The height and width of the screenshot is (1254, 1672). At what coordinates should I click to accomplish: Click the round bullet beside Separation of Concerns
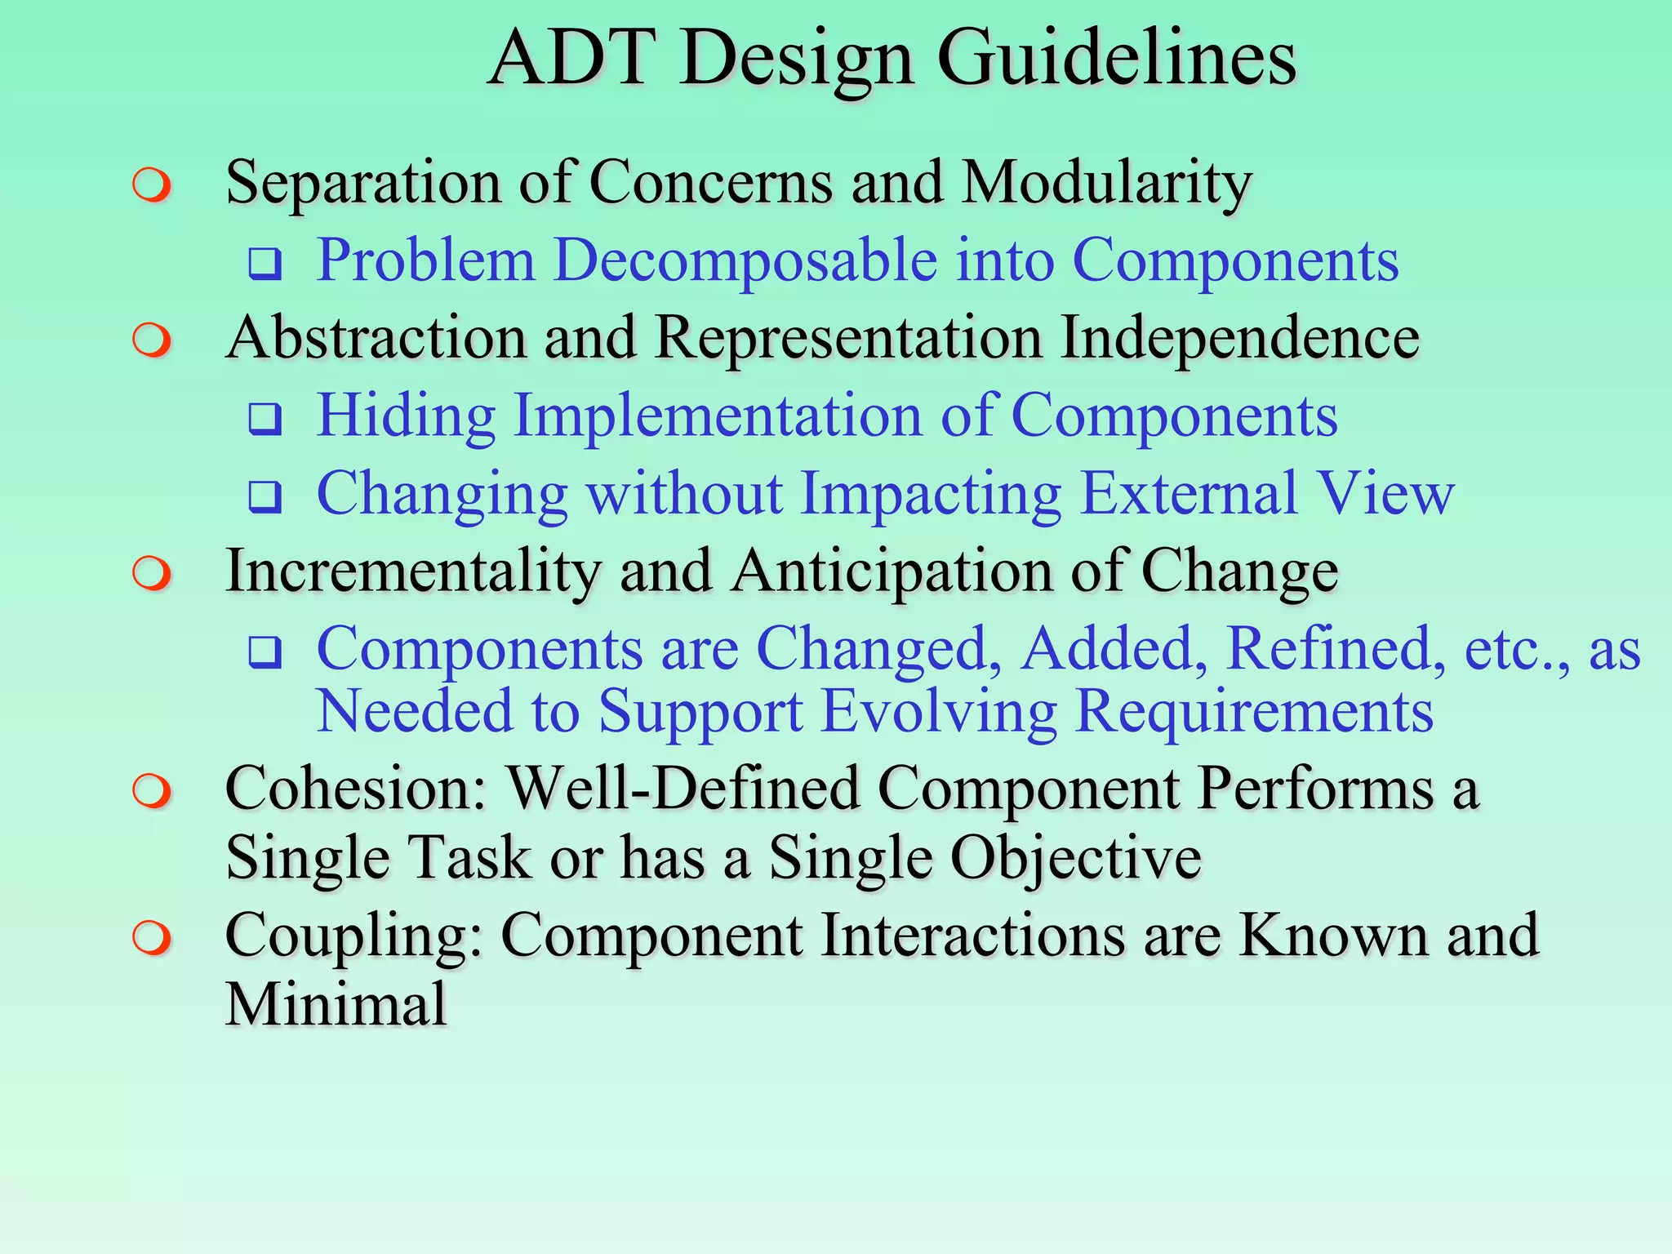[153, 185]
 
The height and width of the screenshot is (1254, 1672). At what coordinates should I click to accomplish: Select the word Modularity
[1107, 183]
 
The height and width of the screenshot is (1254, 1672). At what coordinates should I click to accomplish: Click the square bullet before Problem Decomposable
[265, 264]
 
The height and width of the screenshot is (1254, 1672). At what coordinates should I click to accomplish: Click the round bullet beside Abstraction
[153, 340]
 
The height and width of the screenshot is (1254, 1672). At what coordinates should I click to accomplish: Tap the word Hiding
[406, 416]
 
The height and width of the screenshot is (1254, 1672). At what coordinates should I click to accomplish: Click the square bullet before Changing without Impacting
[265, 496]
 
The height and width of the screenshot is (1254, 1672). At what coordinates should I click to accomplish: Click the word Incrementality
[413, 571]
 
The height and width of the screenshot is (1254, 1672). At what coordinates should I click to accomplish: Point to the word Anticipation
[892, 571]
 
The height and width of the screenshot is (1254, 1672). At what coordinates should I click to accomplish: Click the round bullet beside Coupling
[153, 938]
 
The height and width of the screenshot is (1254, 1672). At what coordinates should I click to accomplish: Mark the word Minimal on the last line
[336, 1005]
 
